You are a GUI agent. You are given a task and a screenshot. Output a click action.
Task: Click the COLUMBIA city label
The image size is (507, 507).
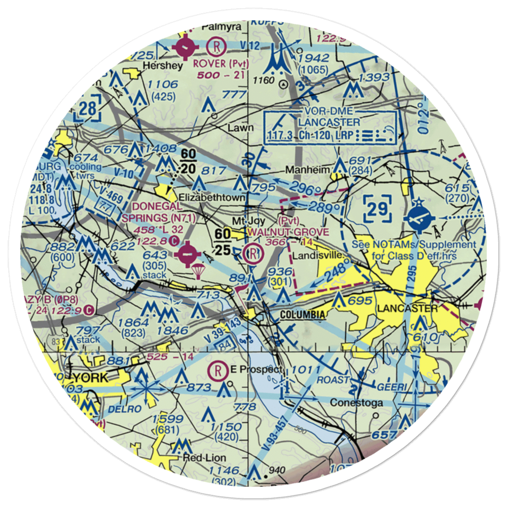pyautogui.click(x=303, y=315)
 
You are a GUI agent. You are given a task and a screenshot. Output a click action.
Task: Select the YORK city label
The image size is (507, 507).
pyautogui.click(x=91, y=378)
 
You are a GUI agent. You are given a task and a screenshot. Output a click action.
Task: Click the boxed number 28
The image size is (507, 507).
pyautogui.click(x=87, y=108)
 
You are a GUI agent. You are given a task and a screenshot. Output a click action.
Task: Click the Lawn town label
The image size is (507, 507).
pyautogui.click(x=240, y=128)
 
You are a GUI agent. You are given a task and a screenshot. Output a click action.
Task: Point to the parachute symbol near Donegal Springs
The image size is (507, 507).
pyautogui.click(x=197, y=273)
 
